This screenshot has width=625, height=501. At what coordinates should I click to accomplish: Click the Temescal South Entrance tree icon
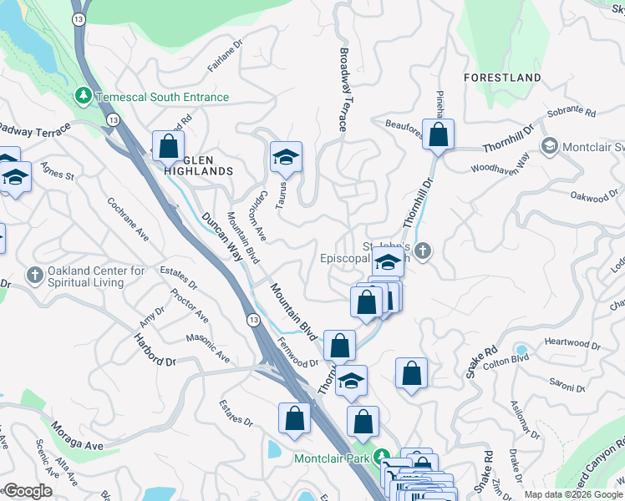pos(84,97)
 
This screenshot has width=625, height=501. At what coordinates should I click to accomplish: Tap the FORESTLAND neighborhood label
pos(503,78)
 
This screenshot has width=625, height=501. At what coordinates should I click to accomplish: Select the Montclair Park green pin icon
pos(383,458)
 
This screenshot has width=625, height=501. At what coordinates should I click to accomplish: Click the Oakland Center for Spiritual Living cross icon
pos(34,274)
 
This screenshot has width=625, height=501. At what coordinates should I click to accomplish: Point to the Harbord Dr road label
pos(155,350)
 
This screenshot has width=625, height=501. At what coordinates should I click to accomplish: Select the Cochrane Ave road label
pos(127,219)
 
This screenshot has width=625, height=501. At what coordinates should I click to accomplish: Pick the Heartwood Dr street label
pos(572,343)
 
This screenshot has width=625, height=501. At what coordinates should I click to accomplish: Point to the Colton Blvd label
pos(506,359)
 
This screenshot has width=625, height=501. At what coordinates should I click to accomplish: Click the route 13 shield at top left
pos(78,19)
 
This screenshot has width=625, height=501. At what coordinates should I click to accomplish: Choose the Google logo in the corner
pos(27,491)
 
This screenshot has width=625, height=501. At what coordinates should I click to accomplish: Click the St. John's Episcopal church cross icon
pos(424,250)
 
